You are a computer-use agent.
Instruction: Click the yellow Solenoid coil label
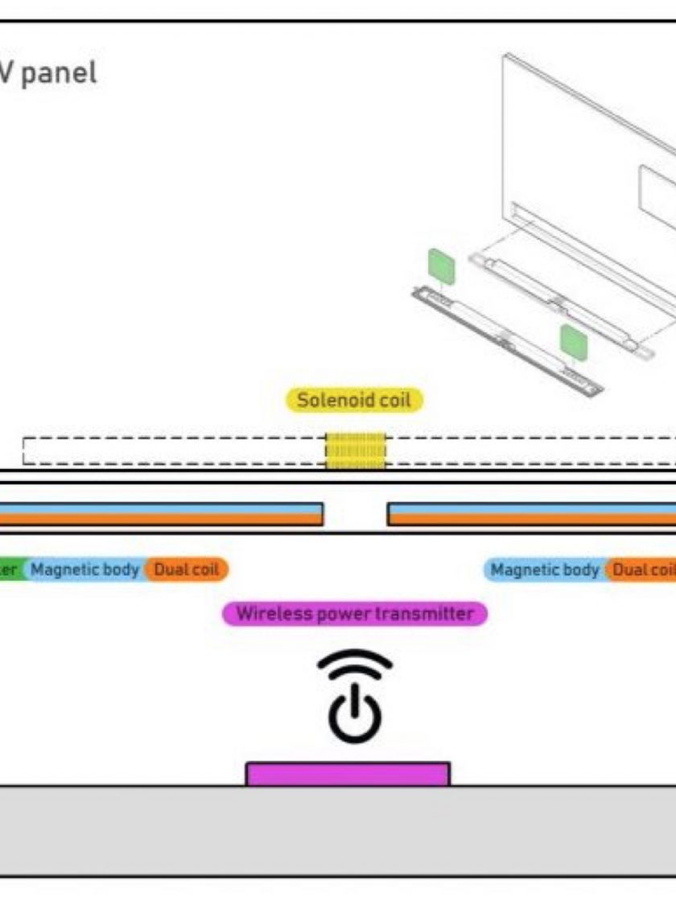(355, 401)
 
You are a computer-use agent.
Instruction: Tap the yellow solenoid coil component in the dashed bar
(355, 450)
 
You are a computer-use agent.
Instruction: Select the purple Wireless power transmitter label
(355, 614)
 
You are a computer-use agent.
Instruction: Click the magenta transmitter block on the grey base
(347, 774)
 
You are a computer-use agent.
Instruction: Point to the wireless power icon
(354, 695)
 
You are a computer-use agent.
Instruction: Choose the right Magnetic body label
(545, 570)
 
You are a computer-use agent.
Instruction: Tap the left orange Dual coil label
(187, 570)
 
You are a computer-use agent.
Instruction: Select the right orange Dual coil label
(641, 570)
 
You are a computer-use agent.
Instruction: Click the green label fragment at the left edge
(10, 570)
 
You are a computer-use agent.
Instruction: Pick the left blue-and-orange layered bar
(161, 514)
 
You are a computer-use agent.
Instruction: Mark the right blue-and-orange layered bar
(531, 514)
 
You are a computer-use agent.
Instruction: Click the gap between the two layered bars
(355, 514)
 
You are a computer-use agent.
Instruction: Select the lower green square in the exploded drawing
(574, 343)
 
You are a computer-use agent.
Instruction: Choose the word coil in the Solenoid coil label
(394, 401)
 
